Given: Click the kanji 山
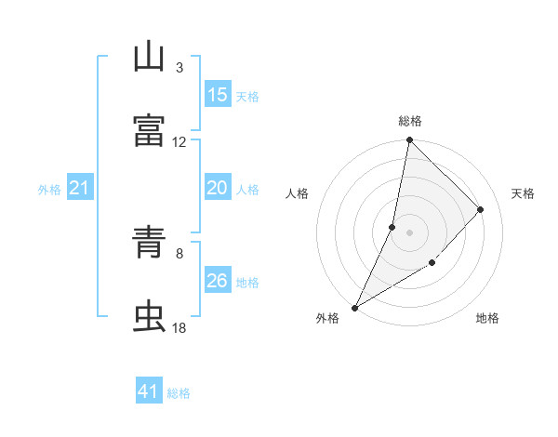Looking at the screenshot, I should click(149, 59).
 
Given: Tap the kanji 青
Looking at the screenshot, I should click(149, 243).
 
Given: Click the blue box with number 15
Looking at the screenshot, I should click(218, 95).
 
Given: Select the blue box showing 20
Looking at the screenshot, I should click(218, 188).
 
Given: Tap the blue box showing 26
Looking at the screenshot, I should click(218, 281).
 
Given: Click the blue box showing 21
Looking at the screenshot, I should click(80, 189).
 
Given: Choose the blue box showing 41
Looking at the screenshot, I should click(149, 391).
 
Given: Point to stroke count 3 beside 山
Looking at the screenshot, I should click(179, 67).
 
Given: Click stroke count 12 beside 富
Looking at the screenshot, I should click(179, 141).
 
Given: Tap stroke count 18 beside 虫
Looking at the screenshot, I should click(179, 327).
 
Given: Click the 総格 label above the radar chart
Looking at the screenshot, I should click(410, 121).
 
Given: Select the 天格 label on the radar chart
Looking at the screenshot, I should click(523, 193).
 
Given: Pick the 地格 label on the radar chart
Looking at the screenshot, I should click(487, 319).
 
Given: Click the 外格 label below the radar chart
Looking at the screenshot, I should click(327, 319).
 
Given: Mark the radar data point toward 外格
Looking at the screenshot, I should click(354, 307).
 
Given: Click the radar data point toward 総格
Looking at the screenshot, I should click(409, 139).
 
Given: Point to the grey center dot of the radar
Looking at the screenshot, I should click(409, 232).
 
